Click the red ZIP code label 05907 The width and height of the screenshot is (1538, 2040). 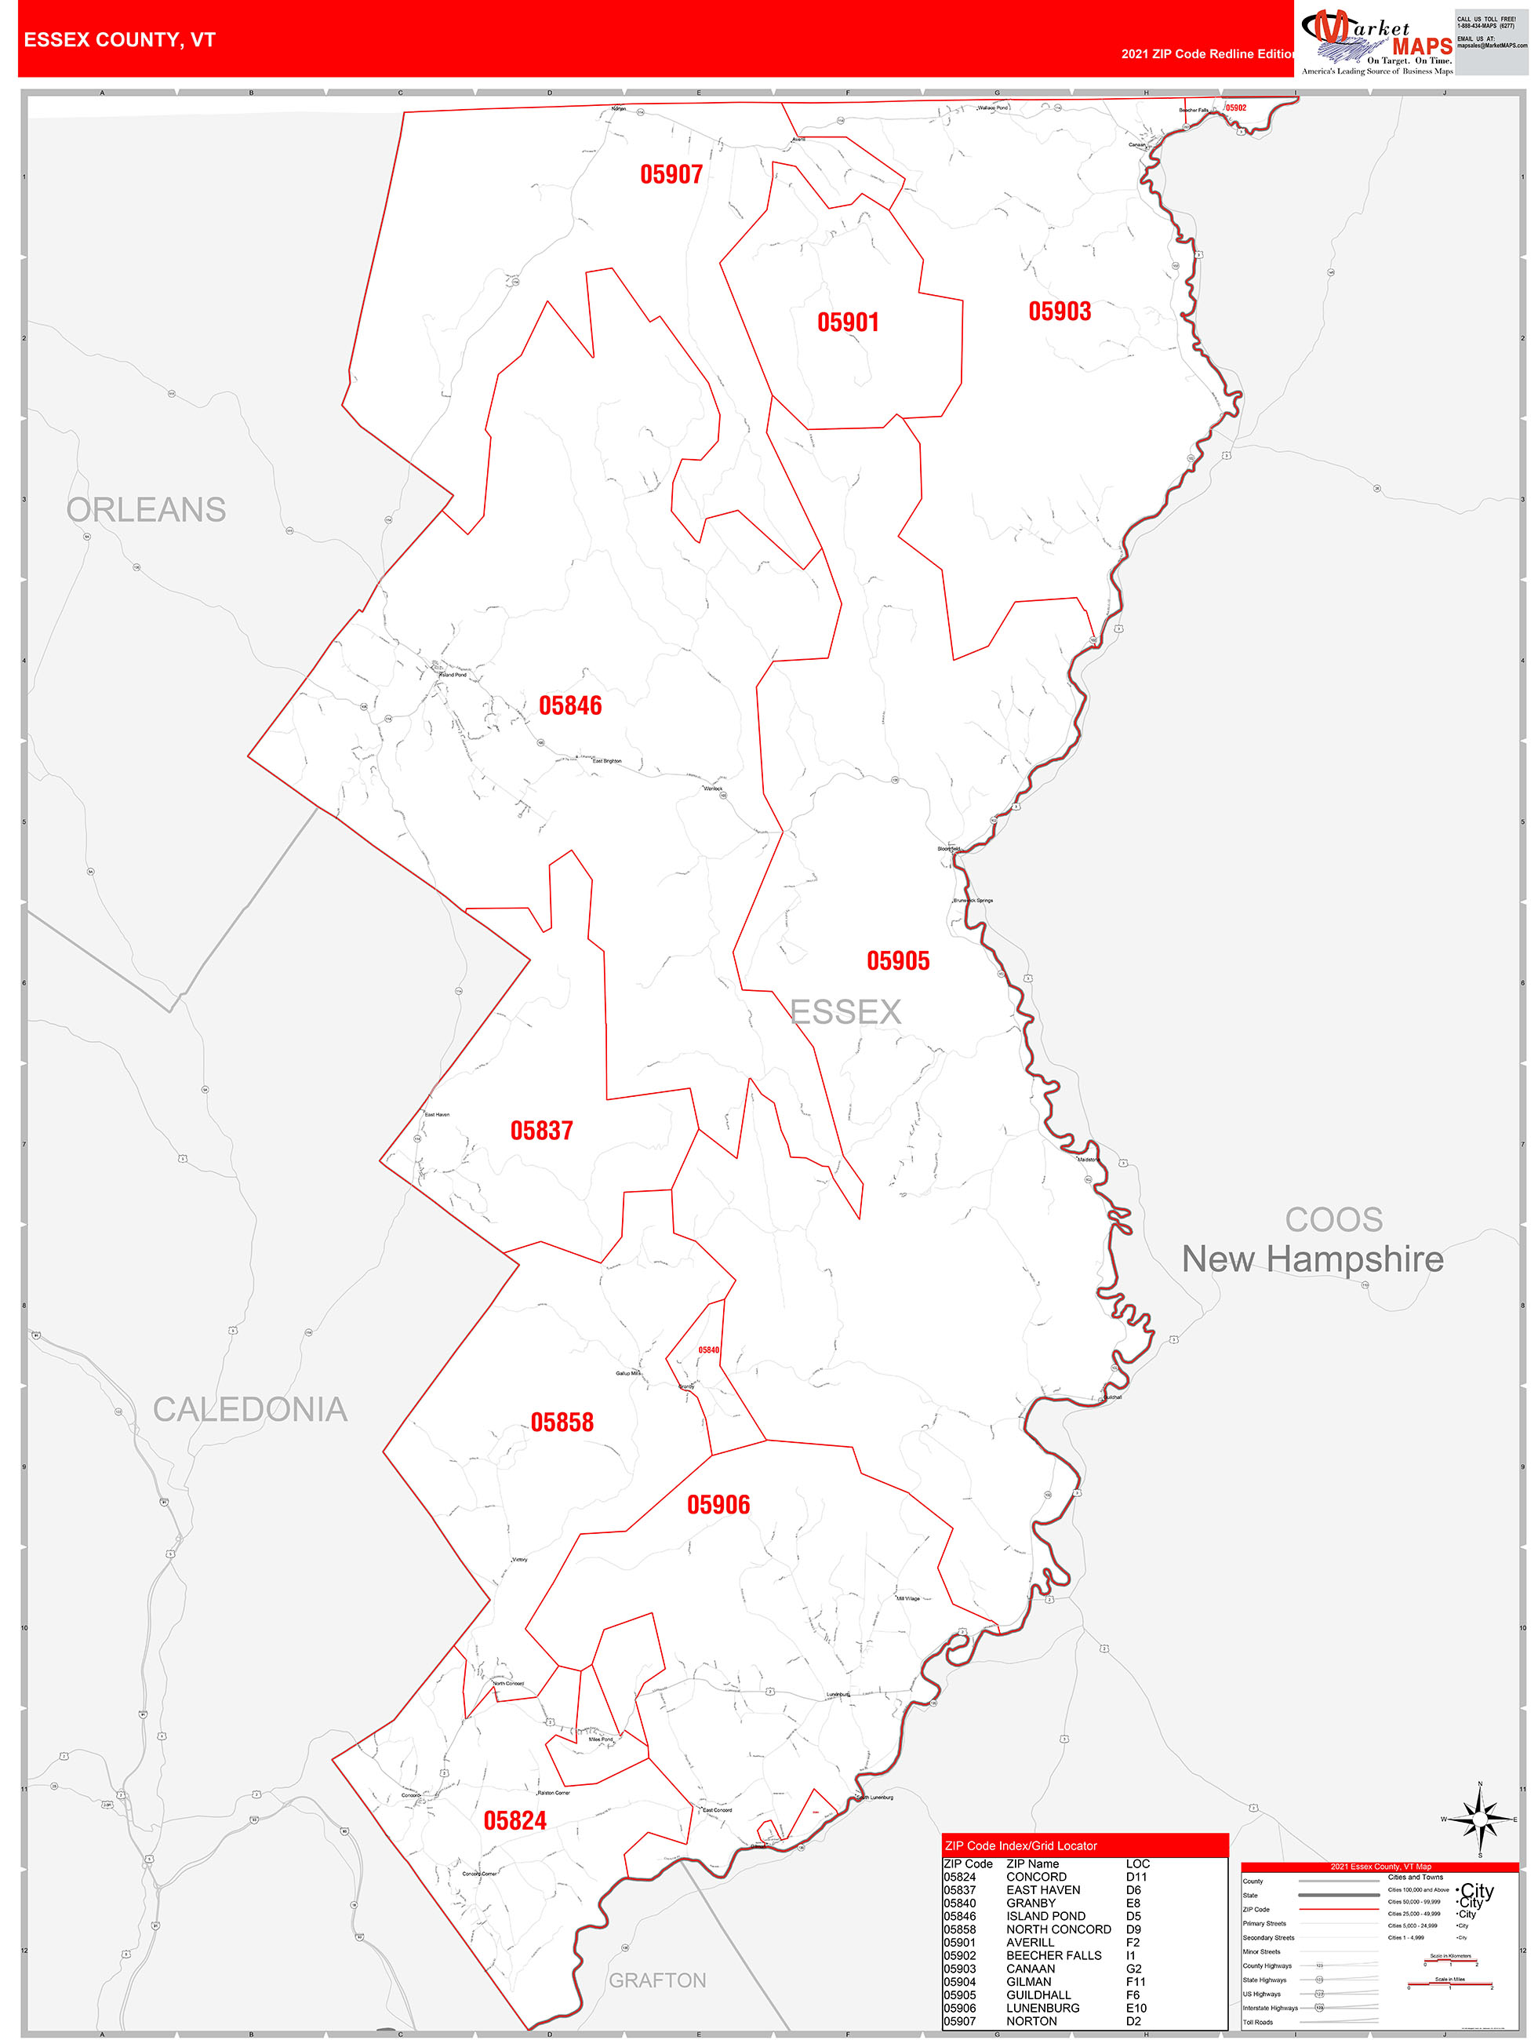(671, 174)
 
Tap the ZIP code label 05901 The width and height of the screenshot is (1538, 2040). (847, 322)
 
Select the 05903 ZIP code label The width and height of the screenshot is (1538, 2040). (1060, 311)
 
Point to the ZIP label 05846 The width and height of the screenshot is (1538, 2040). (570, 705)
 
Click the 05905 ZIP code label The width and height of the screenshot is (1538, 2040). (897, 960)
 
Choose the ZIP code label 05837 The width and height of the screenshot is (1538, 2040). (541, 1130)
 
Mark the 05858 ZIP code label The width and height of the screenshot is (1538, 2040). (562, 1421)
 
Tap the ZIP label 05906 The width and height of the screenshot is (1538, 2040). (718, 1504)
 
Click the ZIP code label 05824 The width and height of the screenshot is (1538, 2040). (514, 1820)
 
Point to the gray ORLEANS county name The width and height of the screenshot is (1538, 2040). (146, 509)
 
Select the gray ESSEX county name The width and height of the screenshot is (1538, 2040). (845, 1011)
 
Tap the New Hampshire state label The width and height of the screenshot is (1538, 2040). (1312, 1258)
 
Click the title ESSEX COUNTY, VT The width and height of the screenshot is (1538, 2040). (119, 40)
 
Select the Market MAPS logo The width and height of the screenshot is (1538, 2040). (1376, 42)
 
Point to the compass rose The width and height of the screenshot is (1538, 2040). (1480, 1819)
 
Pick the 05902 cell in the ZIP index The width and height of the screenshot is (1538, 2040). (959, 1955)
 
